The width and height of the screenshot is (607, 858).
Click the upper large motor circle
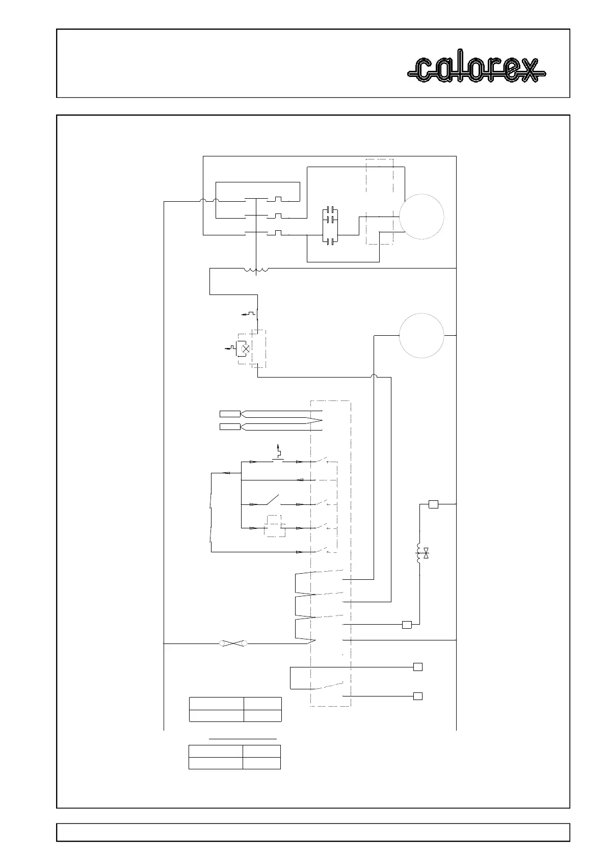pyautogui.click(x=421, y=216)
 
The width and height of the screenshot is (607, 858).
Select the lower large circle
pyautogui.click(x=421, y=336)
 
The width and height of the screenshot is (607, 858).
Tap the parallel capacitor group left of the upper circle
pyautogui.click(x=331, y=225)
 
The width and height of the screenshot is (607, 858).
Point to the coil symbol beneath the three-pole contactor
pyautogui.click(x=256, y=271)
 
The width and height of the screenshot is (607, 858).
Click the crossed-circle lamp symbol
pyautogui.click(x=245, y=348)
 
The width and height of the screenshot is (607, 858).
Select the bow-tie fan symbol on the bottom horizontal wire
pyautogui.click(x=233, y=643)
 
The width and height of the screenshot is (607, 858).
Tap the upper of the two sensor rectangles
pyautogui.click(x=229, y=413)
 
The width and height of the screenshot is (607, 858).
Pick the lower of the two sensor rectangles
pyautogui.click(x=229, y=426)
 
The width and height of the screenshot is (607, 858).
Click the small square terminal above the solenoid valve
pyautogui.click(x=433, y=504)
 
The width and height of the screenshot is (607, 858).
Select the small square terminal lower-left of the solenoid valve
pyautogui.click(x=407, y=625)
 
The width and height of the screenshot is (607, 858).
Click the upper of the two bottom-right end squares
pyautogui.click(x=417, y=667)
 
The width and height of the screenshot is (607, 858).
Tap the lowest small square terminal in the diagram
pyautogui.click(x=417, y=696)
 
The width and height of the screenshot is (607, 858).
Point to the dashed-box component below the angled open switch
pyautogui.click(x=275, y=527)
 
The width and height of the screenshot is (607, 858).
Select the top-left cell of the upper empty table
pyautogui.click(x=216, y=703)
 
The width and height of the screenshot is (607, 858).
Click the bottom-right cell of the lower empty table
pyautogui.click(x=261, y=763)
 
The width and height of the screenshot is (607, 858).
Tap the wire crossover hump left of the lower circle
pyautogui.click(x=374, y=377)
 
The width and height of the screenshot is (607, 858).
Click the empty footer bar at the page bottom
pyautogui.click(x=313, y=833)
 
